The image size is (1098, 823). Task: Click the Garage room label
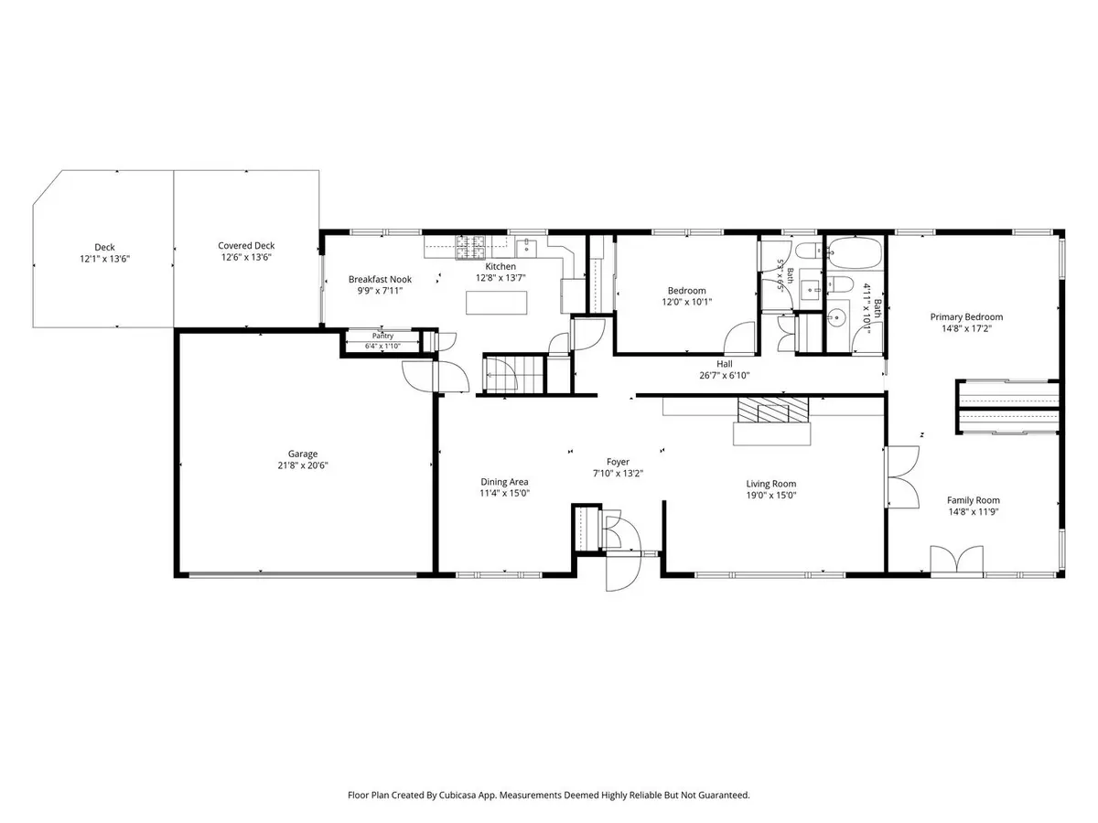[x=302, y=454]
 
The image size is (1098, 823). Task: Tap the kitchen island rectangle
[x=496, y=303]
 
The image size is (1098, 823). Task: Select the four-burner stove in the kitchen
[x=469, y=247]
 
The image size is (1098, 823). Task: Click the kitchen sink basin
[x=526, y=247]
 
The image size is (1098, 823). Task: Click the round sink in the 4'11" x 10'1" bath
[x=834, y=316]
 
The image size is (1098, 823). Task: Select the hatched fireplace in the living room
[x=772, y=411]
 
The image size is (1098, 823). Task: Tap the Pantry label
[x=382, y=336]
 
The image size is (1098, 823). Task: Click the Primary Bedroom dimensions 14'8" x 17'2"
[x=966, y=328]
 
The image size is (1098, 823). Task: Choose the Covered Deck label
[x=246, y=245]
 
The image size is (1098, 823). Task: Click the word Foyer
[x=618, y=462]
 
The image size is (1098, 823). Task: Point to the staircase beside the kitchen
[x=513, y=374]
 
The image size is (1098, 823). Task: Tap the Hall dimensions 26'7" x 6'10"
[x=724, y=375]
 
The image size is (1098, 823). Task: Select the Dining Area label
[x=504, y=482]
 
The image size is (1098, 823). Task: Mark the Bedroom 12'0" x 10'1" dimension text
[x=686, y=302]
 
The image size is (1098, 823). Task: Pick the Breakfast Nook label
[x=380, y=279]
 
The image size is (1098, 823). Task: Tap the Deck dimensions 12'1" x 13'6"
[x=104, y=259]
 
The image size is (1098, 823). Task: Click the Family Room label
[x=973, y=500]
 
